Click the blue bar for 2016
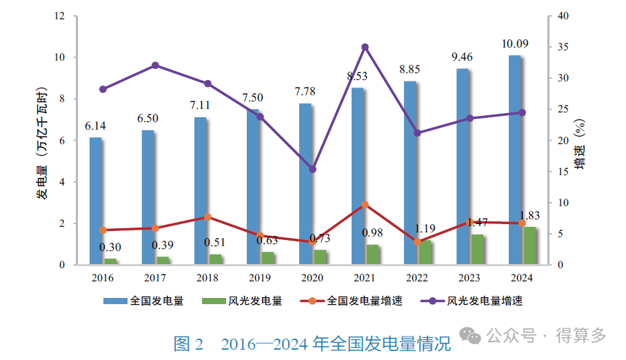pyautogui.click(x=95, y=200)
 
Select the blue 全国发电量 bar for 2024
pyautogui.click(x=514, y=159)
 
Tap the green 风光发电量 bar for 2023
pyautogui.click(x=477, y=249)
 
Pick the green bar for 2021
pyautogui.click(x=372, y=254)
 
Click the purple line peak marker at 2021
pyautogui.click(x=365, y=47)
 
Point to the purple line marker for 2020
pyautogui.click(x=312, y=169)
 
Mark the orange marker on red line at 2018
pyautogui.click(x=208, y=217)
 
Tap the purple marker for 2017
pyautogui.click(x=155, y=66)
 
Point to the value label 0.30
pyautogui.click(x=110, y=248)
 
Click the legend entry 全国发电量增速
pyautogui.click(x=364, y=301)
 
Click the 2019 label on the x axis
pyautogui.click(x=260, y=277)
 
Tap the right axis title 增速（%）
pyautogui.click(x=580, y=145)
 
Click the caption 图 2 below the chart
pyautogui.click(x=188, y=343)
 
